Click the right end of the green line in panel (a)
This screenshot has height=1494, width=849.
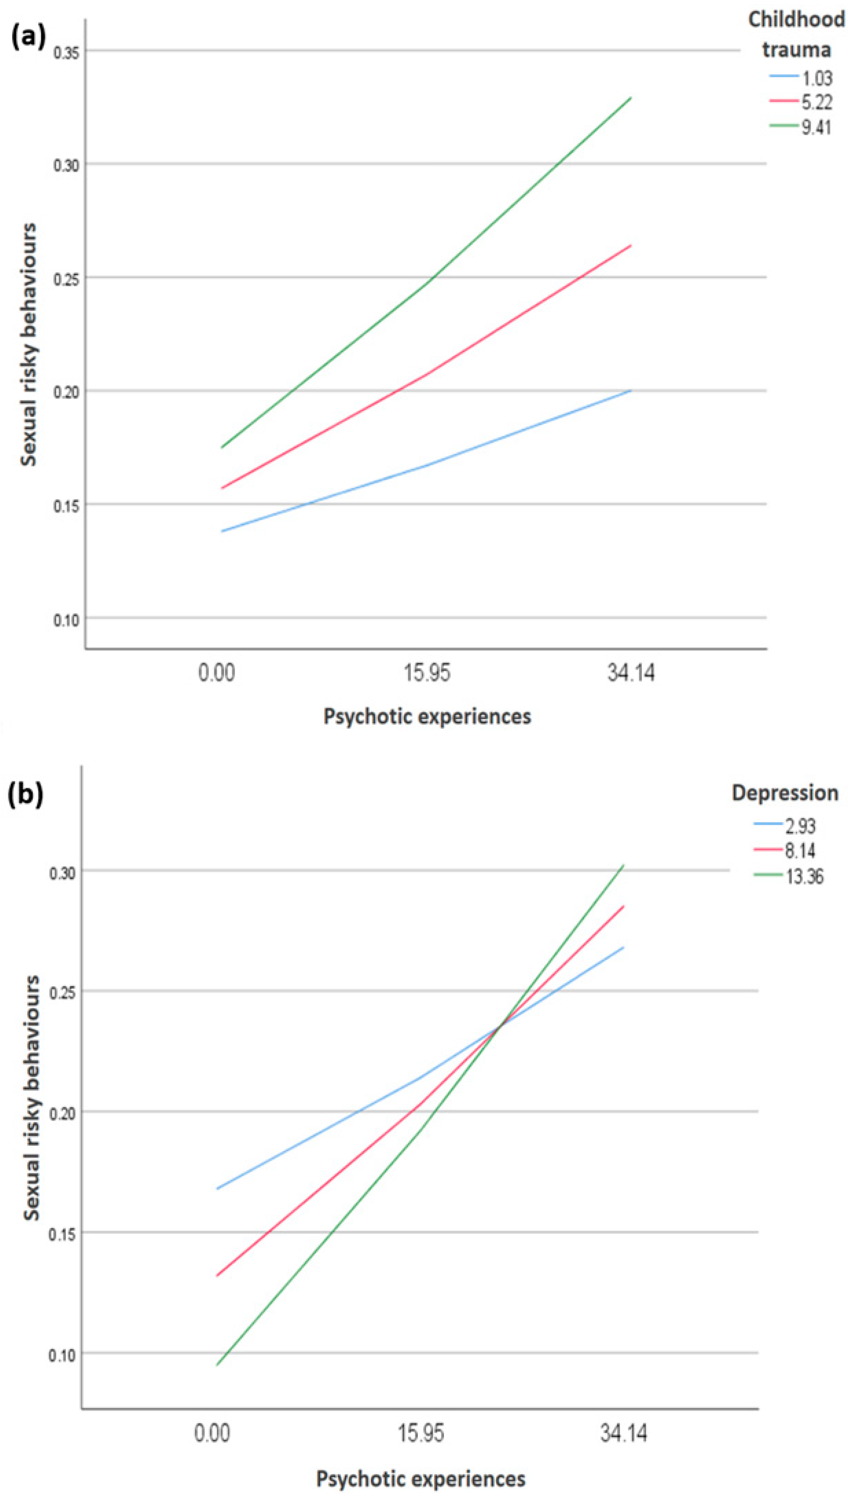coord(631,98)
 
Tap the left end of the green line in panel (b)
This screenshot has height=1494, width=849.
coord(217,1365)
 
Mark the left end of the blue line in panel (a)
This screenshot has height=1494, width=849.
coord(222,531)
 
